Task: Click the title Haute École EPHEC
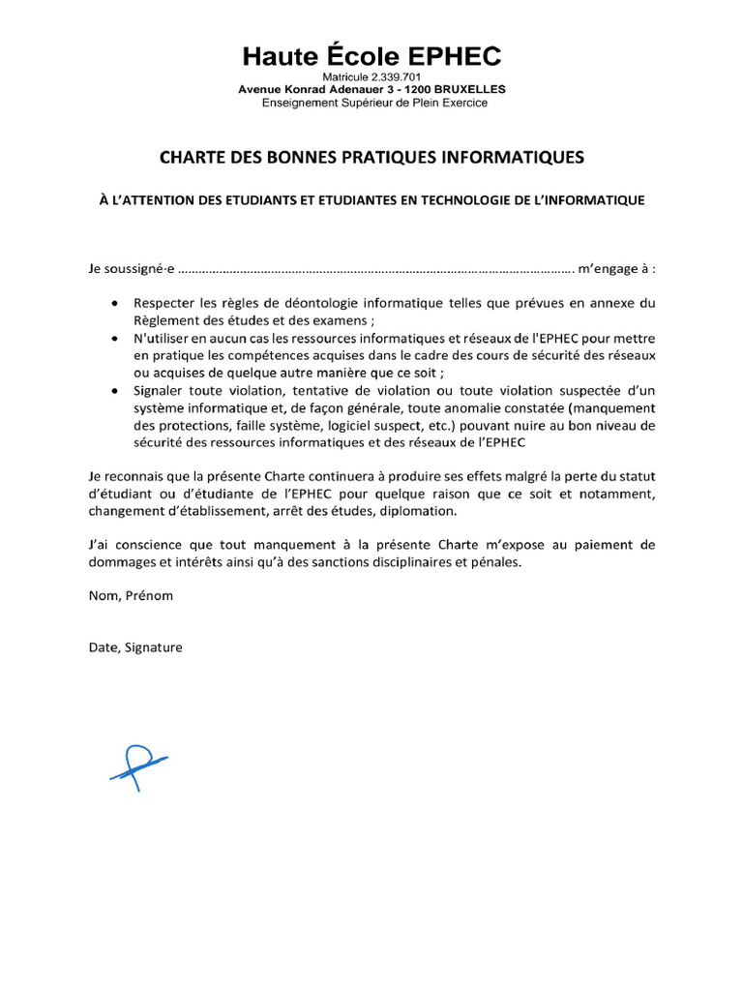click(x=371, y=56)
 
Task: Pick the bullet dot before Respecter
click(x=117, y=304)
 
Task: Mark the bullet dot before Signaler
click(x=117, y=390)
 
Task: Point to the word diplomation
click(x=433, y=511)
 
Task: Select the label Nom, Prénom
click(x=131, y=595)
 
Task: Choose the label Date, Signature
click(x=134, y=647)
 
